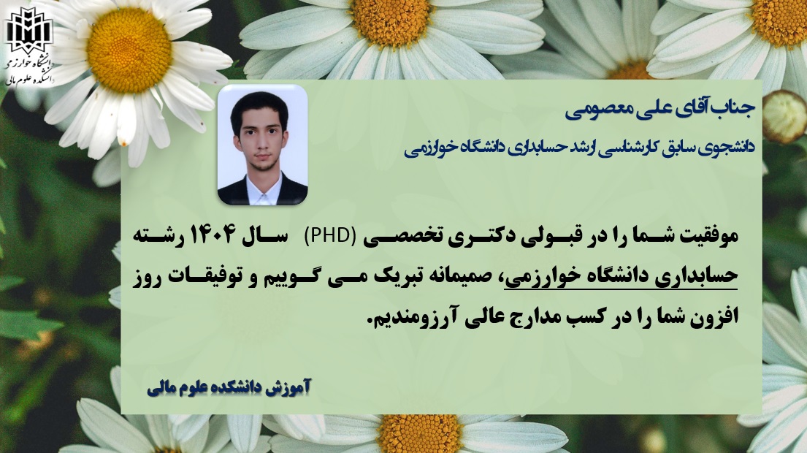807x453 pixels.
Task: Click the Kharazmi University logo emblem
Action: (28, 31)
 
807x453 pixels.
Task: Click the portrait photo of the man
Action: (262, 145)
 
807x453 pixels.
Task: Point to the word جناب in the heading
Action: (736, 108)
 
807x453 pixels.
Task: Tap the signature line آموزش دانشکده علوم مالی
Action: (229, 388)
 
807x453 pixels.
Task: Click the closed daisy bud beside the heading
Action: (784, 116)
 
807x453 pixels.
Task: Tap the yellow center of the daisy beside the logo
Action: (129, 50)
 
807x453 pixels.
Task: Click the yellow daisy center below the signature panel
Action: (419, 433)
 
